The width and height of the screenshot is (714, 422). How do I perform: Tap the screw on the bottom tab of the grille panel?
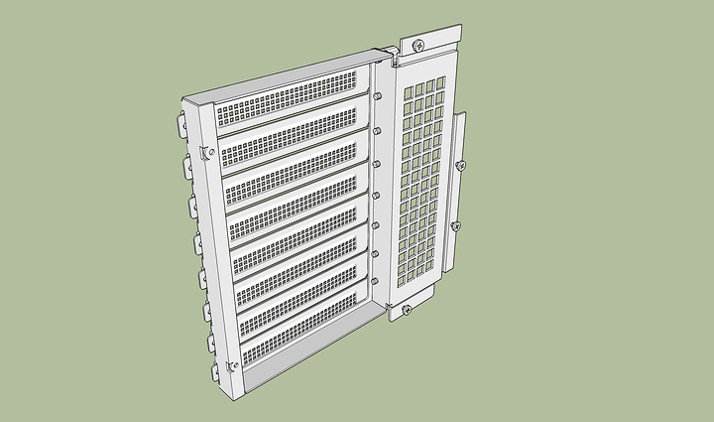tap(407, 311)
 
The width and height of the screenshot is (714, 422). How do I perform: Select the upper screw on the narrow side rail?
tap(460, 165)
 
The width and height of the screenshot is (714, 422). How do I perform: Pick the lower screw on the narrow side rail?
tap(455, 226)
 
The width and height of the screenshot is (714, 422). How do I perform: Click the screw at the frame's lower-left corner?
tap(232, 366)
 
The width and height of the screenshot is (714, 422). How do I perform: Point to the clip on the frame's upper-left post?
tap(207, 151)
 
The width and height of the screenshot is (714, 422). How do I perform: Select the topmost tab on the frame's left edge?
tap(184, 127)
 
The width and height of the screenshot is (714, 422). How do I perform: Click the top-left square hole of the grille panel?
tap(409, 91)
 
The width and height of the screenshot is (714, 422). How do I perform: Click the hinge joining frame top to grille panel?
tap(390, 57)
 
